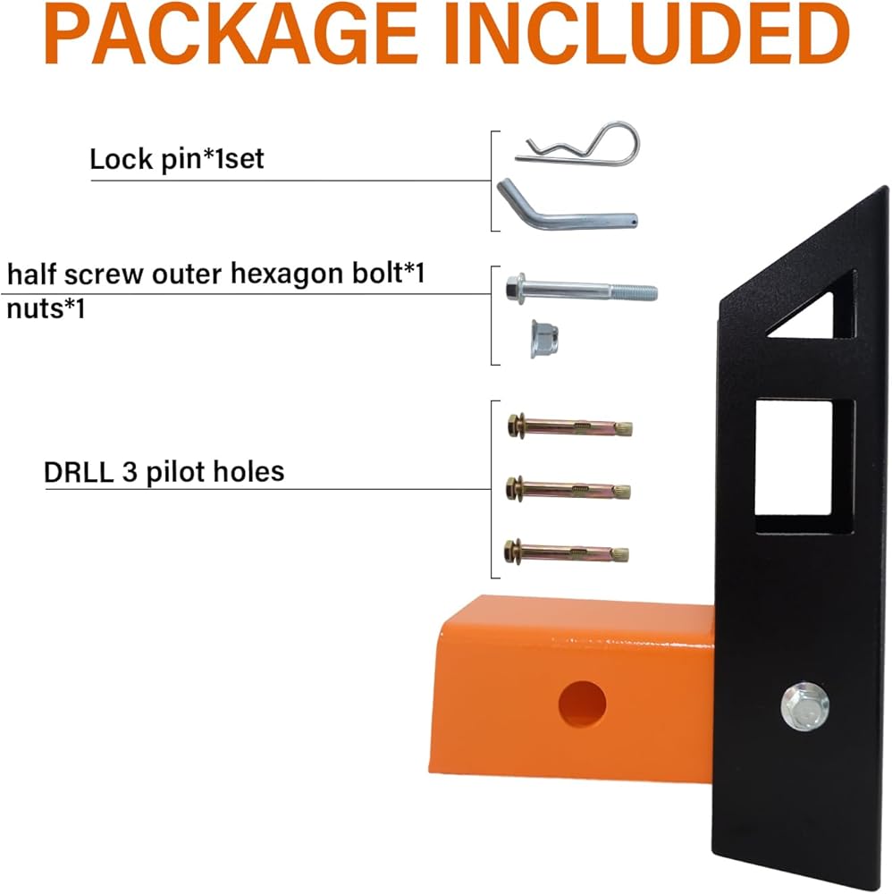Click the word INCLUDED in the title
647,32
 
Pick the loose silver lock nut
543,339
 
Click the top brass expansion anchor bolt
570,426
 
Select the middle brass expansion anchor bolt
568,489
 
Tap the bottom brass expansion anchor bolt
567,552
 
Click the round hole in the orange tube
582,704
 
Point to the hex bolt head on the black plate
804,706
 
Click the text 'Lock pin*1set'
177,159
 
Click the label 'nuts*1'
46,309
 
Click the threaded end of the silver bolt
635,292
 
